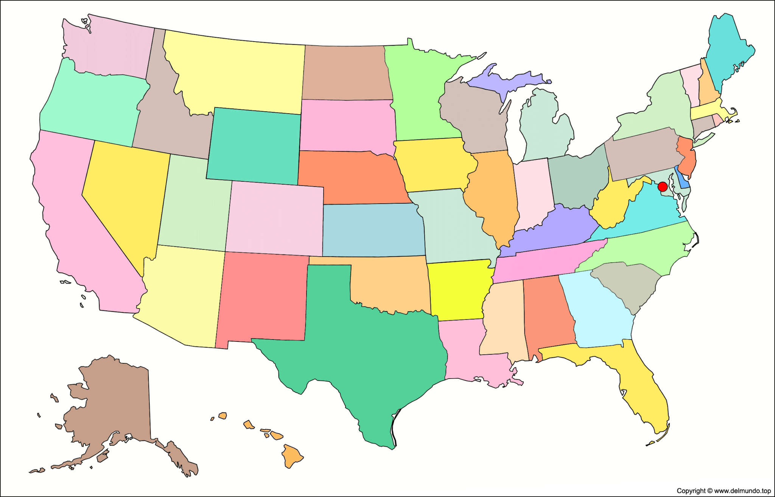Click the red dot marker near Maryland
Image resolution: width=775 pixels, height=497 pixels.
tap(662, 187)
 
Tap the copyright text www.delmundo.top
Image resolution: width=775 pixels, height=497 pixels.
tap(724, 491)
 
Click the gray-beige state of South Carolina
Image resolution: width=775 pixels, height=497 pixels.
tap(628, 284)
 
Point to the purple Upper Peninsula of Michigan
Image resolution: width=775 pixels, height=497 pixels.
tap(503, 81)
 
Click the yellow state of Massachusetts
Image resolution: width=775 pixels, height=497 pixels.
tap(711, 112)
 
